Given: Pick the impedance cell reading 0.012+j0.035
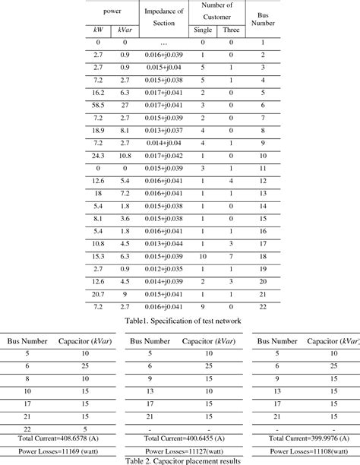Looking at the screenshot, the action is pyautogui.click(x=163, y=268).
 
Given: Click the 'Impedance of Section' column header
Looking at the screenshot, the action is pyautogui.click(x=164, y=17).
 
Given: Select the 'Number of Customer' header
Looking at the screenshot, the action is pyautogui.click(x=216, y=11).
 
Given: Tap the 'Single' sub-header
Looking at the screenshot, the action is pyautogui.click(x=203, y=30).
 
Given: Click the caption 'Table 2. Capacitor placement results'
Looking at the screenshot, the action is pyautogui.click(x=180, y=460).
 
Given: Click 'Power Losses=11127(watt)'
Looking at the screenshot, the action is pyautogui.click(x=179, y=450).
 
